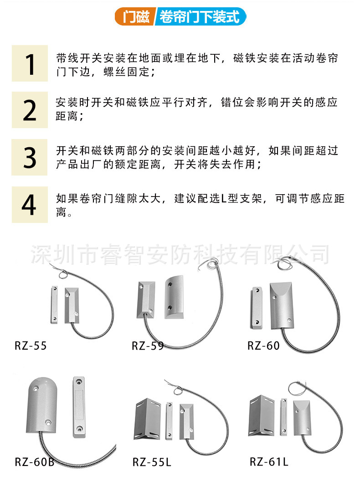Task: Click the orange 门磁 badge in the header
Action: point(135,16)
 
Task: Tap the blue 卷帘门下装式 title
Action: point(201,16)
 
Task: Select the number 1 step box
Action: point(30,63)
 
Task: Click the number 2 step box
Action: point(30,110)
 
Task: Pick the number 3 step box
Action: point(30,157)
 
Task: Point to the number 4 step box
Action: point(30,205)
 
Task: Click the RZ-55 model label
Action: point(31,346)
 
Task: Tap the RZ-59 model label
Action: point(148,346)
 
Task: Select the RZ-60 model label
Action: point(263,346)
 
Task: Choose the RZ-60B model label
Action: point(35,462)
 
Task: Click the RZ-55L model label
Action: point(152,462)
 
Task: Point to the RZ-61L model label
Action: point(269,462)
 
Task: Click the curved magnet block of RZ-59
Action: point(174,297)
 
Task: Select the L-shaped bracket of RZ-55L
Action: point(147,419)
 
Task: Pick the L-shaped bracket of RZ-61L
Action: point(262,416)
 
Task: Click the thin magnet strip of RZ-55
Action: point(55,305)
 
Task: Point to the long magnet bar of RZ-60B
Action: point(79,407)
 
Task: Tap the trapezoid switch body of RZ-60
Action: point(282,305)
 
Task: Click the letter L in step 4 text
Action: point(224,198)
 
